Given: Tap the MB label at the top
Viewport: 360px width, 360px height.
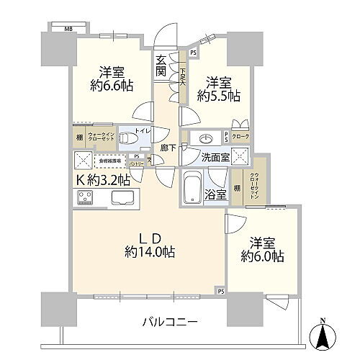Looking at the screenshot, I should coord(68,29).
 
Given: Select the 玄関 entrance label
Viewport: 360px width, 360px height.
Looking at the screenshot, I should coord(162,65).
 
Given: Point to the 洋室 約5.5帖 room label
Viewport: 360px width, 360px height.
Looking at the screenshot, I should coord(216,88).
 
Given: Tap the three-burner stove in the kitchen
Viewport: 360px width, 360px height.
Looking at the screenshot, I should coord(85,197).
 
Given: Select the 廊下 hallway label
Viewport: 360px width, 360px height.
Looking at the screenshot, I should coord(164,148).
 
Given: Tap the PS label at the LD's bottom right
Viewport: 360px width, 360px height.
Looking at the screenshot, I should coord(220,291).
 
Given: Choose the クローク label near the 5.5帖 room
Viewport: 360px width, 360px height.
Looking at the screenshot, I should coord(243,136).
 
